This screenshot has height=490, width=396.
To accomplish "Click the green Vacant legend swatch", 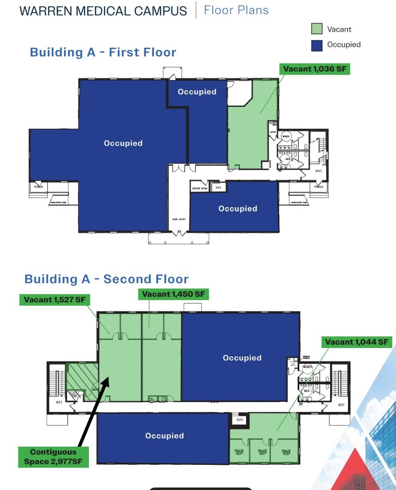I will click(x=317, y=29).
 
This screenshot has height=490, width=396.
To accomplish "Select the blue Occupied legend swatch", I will click(x=317, y=45).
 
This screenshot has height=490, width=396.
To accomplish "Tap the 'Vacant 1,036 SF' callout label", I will click(x=315, y=69).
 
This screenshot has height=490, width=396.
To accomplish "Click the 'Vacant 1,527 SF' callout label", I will click(x=54, y=300).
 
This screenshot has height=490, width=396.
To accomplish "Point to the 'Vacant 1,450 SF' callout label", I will click(x=173, y=294).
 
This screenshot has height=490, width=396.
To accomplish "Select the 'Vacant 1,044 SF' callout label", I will click(x=356, y=342).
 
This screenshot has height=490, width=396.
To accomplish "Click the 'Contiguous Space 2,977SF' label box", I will click(x=53, y=457).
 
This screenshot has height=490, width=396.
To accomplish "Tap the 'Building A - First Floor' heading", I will click(x=103, y=52).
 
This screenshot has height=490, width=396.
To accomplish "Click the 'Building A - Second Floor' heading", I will click(x=107, y=279).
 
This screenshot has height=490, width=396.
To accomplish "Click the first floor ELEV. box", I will click(x=218, y=187).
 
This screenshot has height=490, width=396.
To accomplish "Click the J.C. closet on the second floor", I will click(x=293, y=365).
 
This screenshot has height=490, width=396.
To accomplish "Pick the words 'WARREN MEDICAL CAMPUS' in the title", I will click(x=103, y=11).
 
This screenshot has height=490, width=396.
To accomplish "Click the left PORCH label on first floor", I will click(x=39, y=187).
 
